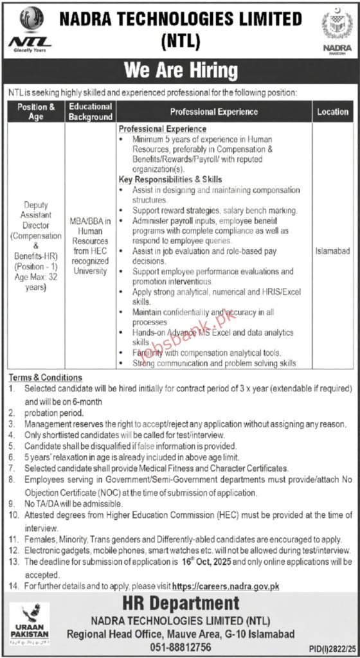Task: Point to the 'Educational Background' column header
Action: pyautogui.click(x=91, y=111)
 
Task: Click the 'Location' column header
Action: pyautogui.click(x=332, y=111)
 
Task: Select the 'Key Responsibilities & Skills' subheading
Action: pyautogui.click(x=170, y=179)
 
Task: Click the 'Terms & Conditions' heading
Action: pyautogui.click(x=46, y=377)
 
